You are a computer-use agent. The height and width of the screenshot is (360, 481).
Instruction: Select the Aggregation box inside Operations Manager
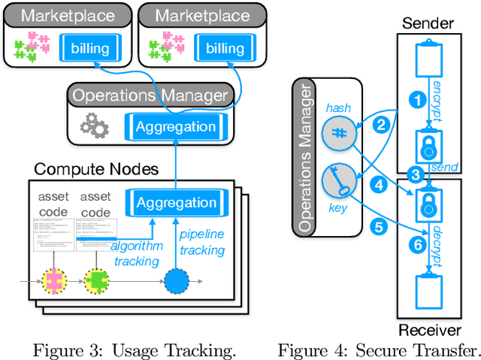(176, 127)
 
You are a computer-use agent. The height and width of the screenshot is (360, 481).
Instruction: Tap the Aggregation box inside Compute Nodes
(176, 202)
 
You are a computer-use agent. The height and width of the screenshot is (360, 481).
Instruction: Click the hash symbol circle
(337, 132)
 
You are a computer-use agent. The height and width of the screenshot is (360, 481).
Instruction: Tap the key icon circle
(337, 180)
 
